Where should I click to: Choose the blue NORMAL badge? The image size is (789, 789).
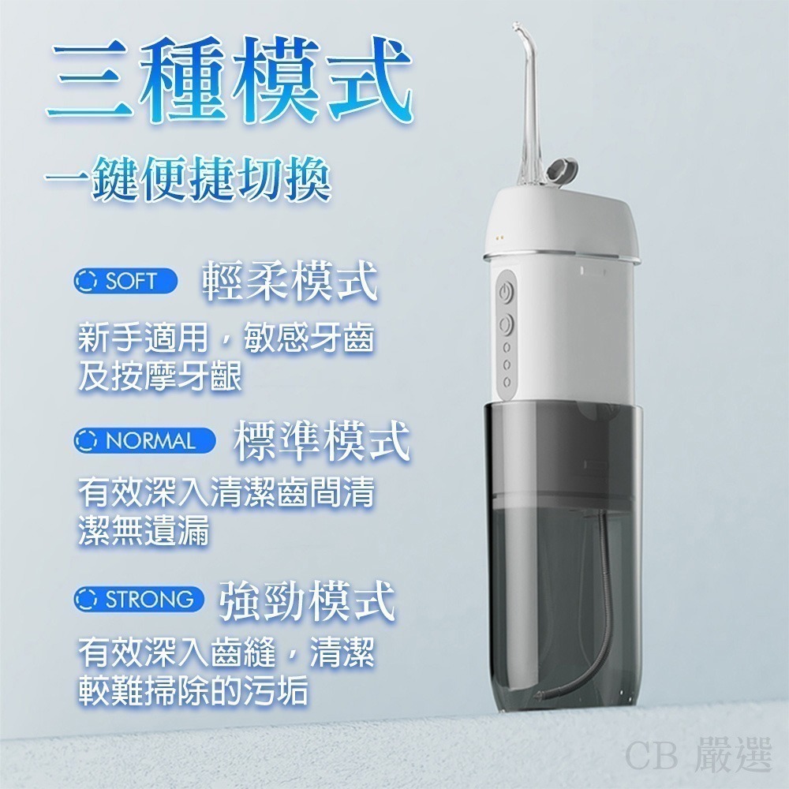144,439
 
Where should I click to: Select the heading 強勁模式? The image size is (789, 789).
305,601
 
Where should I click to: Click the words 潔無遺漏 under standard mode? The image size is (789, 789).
143,534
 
